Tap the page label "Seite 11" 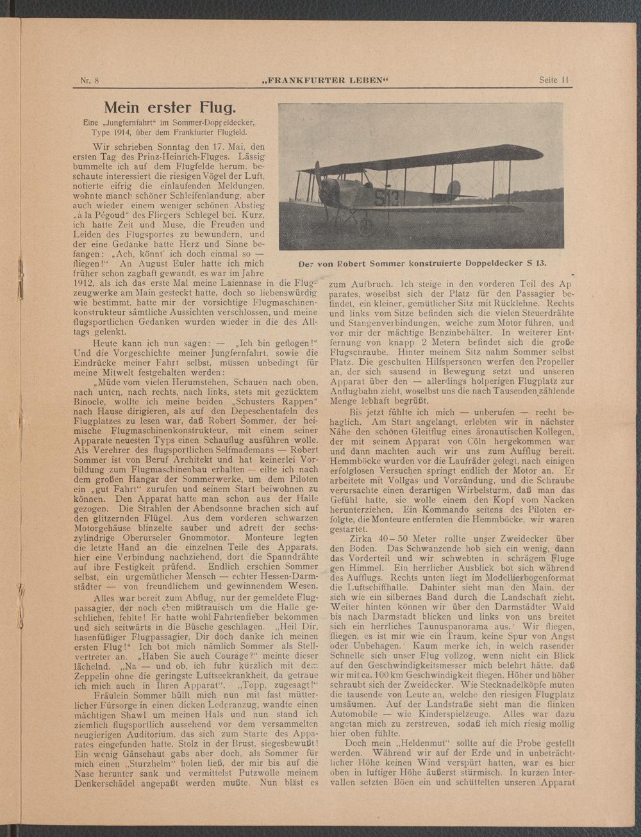click(554, 81)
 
